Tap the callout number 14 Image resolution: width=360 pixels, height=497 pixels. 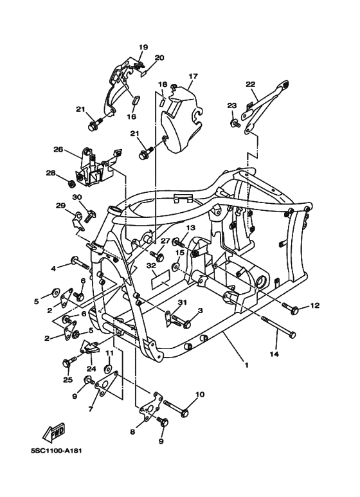coord(274,354)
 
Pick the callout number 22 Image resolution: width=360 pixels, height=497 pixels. coord(250,84)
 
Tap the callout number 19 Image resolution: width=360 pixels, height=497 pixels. coord(143,47)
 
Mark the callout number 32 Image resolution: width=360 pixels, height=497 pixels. coord(152,265)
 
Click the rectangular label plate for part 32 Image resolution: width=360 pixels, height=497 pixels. coord(160,280)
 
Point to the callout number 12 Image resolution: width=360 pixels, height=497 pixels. coord(314,305)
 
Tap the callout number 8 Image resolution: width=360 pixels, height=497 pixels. coord(133,432)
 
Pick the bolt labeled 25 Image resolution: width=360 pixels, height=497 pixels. coord(66,364)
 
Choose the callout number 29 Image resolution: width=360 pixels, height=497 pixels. coord(60,206)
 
